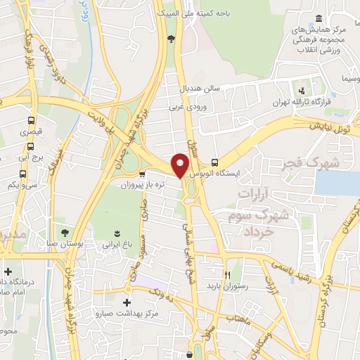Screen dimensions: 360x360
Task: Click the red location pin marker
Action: [x=181, y=165]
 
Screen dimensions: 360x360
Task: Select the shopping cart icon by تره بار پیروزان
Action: [x=143, y=174]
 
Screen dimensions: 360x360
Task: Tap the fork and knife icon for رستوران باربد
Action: [x=227, y=275]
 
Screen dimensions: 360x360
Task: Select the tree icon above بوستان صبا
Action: [x=65, y=232]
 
